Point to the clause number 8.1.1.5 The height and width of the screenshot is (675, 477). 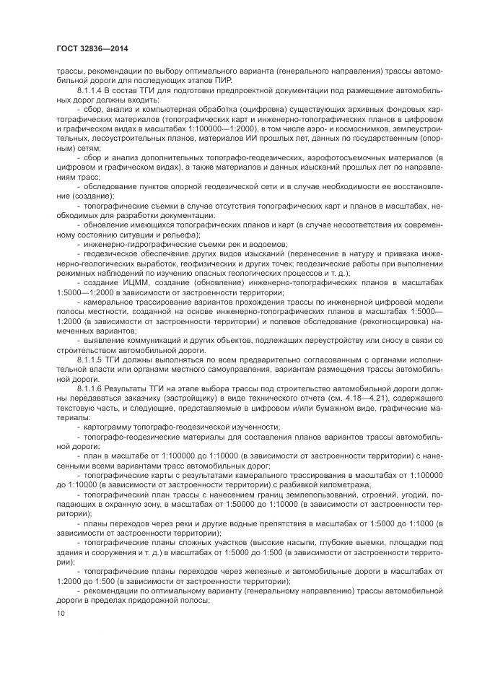tap(92, 357)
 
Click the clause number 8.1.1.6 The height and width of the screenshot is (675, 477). tap(92, 387)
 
